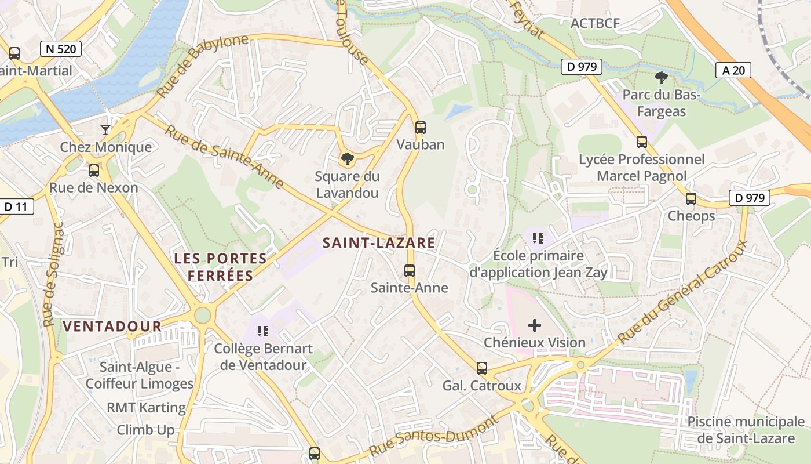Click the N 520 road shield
(60, 49)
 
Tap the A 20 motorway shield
(733, 70)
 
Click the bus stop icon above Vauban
(421, 128)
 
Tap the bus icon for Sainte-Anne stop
(410, 270)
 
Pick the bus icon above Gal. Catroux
(481, 368)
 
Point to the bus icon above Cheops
(691, 199)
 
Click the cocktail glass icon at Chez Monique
(105, 129)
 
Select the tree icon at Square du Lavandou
(347, 158)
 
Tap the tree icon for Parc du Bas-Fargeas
(660, 77)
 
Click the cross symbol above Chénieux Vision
(535, 325)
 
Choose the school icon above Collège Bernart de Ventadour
(263, 331)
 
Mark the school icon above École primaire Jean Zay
(538, 238)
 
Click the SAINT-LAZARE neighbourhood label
(378, 242)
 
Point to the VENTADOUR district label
(112, 326)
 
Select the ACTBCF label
(595, 23)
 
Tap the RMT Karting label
(146, 407)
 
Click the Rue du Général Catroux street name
(682, 292)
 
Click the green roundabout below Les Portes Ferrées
(202, 315)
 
